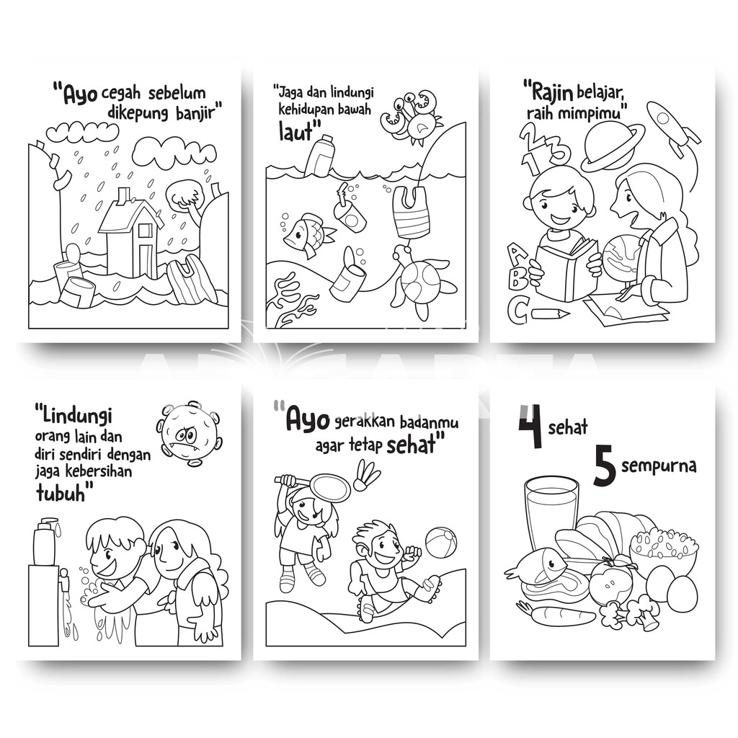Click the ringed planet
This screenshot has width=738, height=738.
(612, 147)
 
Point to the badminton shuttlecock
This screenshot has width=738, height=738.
(369, 476)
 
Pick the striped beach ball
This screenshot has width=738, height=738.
(441, 542)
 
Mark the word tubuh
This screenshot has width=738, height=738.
(61, 493)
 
